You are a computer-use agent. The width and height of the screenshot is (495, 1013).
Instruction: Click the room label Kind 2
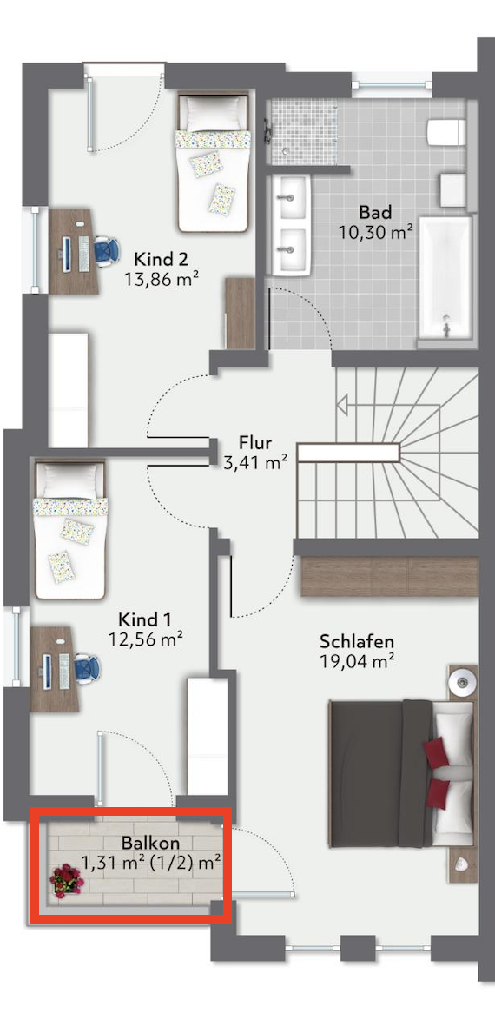click(x=161, y=260)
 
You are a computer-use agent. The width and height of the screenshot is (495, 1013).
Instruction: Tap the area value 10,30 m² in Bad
click(x=376, y=231)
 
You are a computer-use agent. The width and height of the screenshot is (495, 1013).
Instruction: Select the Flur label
click(x=255, y=443)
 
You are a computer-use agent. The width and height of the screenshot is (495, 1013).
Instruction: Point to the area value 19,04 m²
click(x=357, y=661)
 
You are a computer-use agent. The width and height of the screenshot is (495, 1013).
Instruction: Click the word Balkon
click(x=150, y=843)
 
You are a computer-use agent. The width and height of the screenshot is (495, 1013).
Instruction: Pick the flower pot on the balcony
click(x=67, y=881)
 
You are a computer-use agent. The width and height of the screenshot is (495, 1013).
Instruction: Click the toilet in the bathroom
click(x=446, y=132)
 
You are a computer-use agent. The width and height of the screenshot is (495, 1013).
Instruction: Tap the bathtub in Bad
click(x=445, y=278)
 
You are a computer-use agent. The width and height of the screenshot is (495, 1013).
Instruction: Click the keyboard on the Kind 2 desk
click(x=83, y=253)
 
